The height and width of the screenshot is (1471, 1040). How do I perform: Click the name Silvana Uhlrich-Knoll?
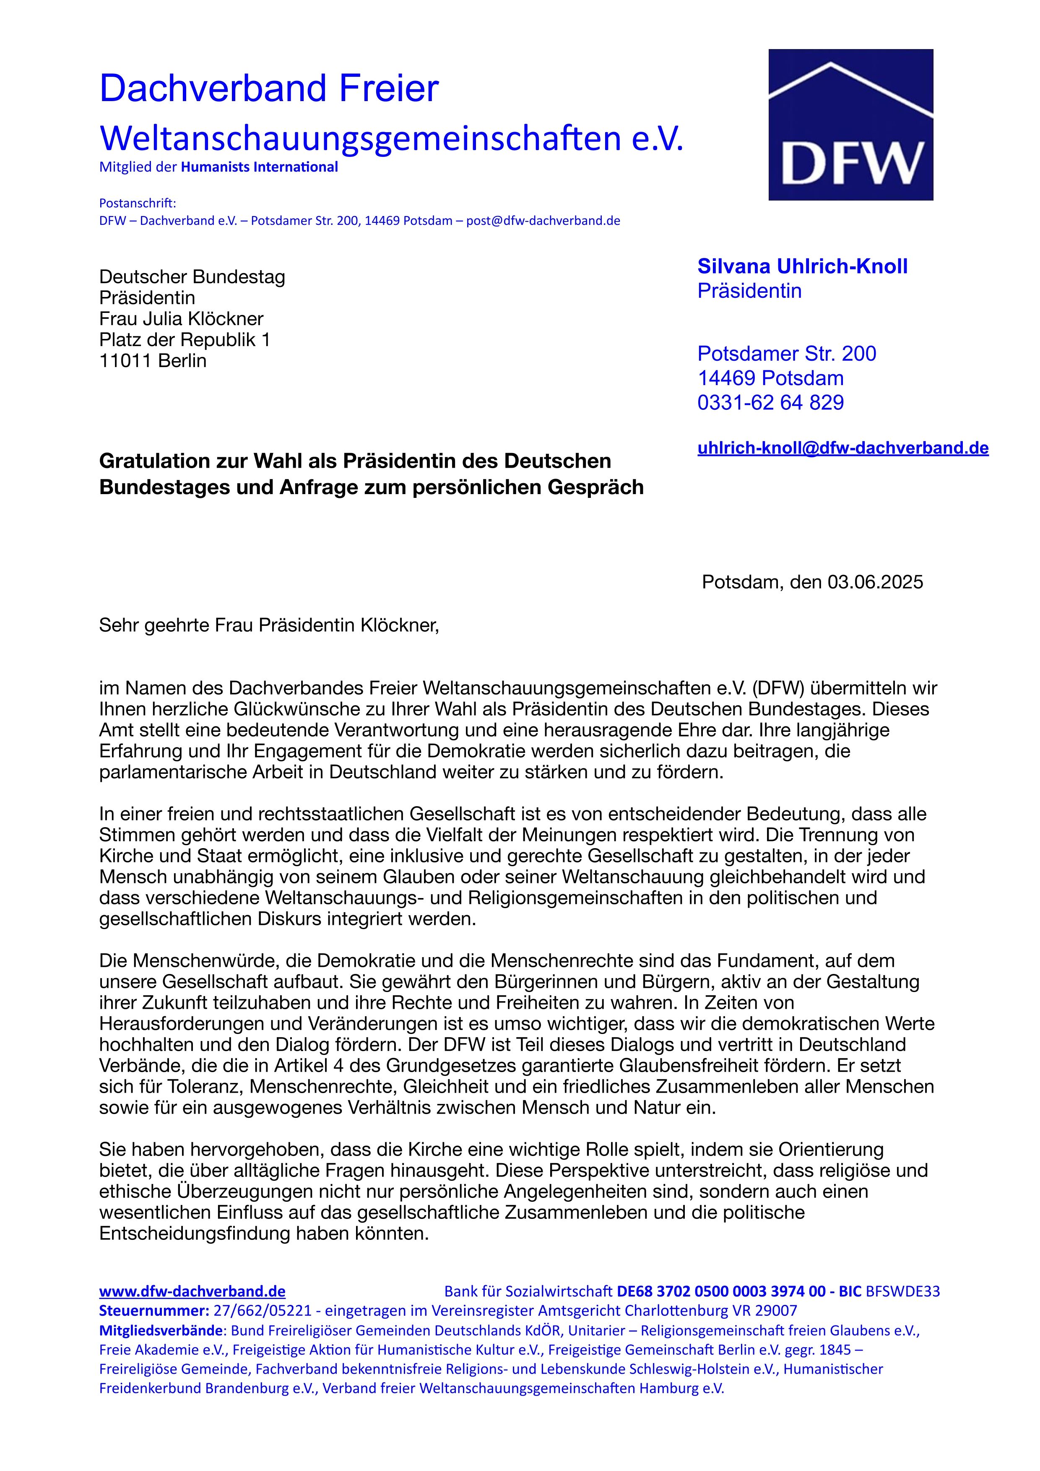coord(802,266)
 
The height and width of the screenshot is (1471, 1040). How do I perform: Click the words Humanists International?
coord(259,167)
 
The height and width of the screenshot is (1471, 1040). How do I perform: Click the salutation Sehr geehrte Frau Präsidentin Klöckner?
coord(269,625)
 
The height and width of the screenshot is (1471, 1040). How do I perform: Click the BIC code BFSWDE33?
coord(902,1291)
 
